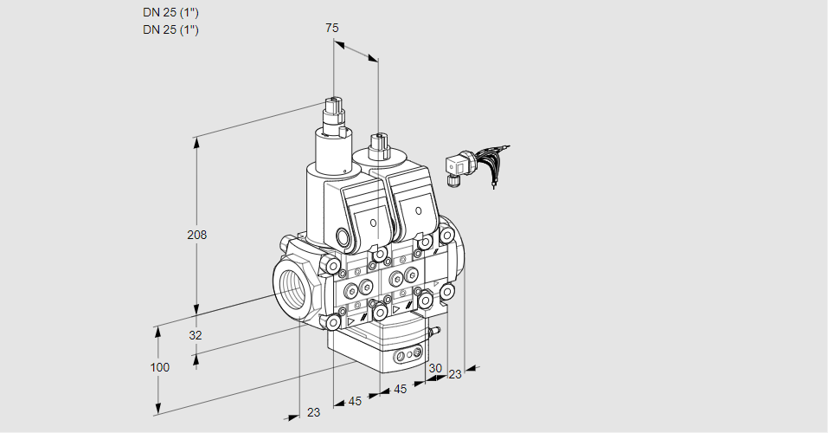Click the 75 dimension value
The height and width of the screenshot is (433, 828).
coord(332,28)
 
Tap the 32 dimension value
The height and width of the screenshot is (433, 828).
coord(196,335)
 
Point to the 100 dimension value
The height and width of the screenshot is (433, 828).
coord(159,367)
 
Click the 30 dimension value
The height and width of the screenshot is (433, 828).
coord(434,368)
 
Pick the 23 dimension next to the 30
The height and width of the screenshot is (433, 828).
coord(454,374)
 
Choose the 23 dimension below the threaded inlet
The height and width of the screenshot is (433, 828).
coord(313,412)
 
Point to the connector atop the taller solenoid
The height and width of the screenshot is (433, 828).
coord(335,112)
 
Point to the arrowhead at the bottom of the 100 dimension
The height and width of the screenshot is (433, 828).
coord(159,409)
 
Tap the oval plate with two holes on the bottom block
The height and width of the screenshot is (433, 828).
coord(408,355)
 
